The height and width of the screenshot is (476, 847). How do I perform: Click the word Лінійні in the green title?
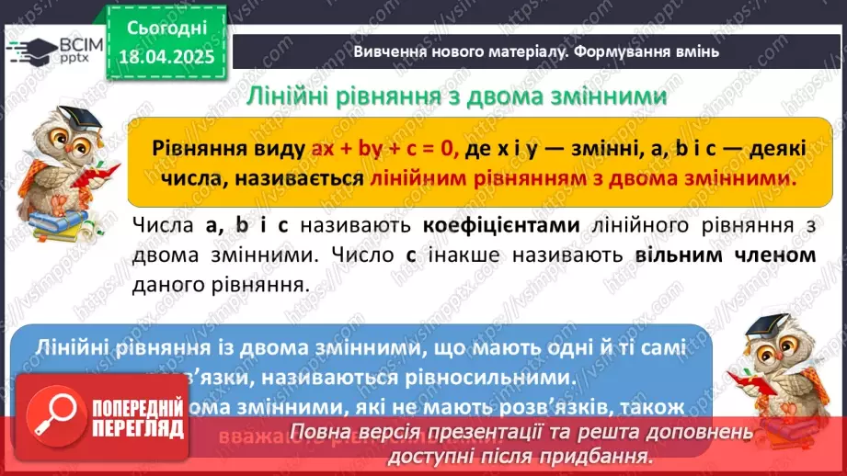point(292,96)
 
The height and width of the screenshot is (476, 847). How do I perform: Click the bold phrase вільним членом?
point(726,255)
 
